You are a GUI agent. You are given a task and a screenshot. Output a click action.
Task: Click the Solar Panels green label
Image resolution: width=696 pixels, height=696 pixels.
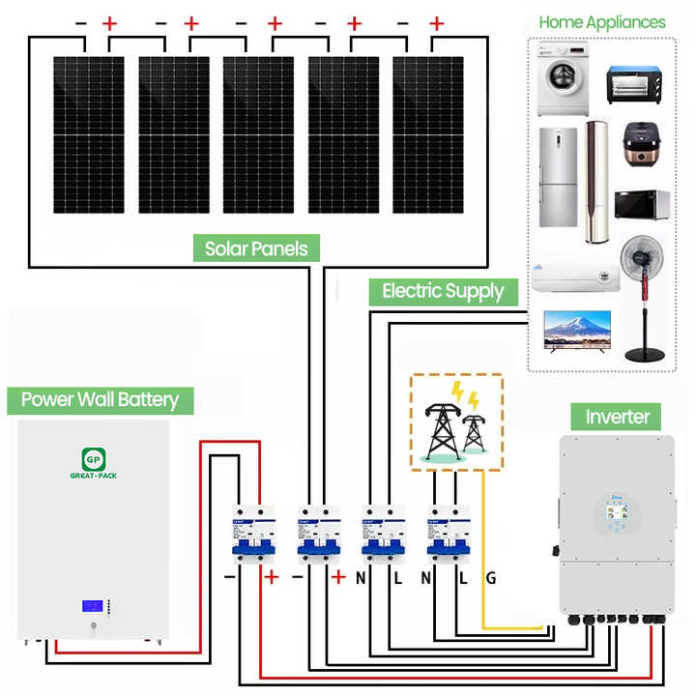256,248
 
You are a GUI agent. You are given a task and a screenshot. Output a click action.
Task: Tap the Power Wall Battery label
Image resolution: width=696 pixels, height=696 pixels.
100,399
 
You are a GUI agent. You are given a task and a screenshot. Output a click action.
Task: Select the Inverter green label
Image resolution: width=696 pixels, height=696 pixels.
618,417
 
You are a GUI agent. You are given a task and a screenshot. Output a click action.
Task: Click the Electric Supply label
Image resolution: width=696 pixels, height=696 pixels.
443,290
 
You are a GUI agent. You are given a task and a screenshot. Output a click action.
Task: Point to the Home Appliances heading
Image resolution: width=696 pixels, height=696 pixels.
601,21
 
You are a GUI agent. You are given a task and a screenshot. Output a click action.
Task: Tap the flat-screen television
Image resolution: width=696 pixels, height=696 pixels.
578,332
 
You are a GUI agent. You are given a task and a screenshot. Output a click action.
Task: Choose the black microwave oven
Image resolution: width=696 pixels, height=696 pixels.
642,204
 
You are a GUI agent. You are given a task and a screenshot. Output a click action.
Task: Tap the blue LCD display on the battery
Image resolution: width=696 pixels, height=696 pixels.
94,607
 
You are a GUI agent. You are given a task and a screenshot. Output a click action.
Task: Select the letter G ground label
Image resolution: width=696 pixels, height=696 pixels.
491,578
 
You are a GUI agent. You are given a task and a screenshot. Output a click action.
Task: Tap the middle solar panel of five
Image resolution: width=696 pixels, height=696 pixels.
259,133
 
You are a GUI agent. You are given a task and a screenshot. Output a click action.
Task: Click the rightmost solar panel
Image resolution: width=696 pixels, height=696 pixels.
427,133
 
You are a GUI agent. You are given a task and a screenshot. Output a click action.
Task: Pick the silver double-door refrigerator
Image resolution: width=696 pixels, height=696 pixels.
558,178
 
